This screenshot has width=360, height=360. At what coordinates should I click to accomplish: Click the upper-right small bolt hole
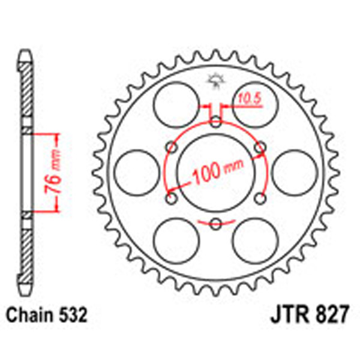(x=259, y=147)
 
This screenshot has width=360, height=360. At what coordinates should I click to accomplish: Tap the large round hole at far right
(x=298, y=172)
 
